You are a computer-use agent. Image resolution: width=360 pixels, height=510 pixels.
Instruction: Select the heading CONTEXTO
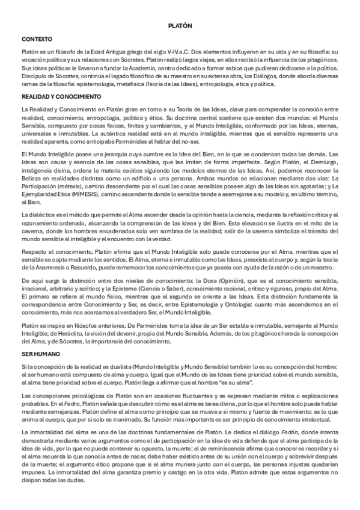pyautogui.click(x=35, y=38)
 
